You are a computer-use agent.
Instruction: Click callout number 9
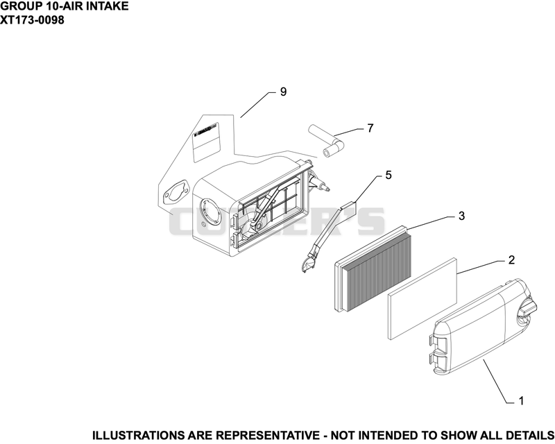click(283, 92)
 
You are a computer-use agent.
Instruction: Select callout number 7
click(370, 128)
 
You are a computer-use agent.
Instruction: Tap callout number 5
click(388, 175)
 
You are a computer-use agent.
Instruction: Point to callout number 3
click(461, 216)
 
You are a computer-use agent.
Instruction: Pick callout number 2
click(511, 260)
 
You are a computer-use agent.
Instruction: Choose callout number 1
click(521, 401)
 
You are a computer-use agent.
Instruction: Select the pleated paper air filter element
click(373, 269)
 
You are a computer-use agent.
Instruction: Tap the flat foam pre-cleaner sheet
click(422, 299)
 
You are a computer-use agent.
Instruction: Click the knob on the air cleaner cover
click(527, 307)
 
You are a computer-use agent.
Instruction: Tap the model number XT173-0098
click(32, 20)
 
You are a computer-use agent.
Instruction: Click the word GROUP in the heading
click(17, 6)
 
